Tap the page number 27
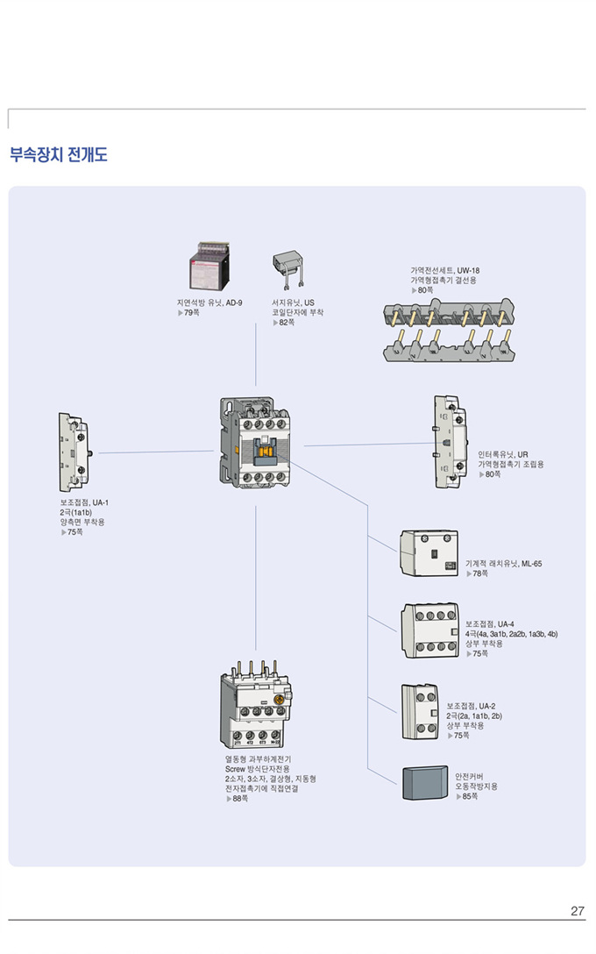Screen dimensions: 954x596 point(577,911)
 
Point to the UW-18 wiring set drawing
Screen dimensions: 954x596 point(449,330)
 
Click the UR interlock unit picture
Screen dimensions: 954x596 point(451,443)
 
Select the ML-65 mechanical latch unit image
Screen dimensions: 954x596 point(429,554)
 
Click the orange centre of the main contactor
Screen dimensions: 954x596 point(264,450)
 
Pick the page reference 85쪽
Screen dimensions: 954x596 point(466,796)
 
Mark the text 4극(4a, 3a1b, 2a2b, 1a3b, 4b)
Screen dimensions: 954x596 point(511,633)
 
